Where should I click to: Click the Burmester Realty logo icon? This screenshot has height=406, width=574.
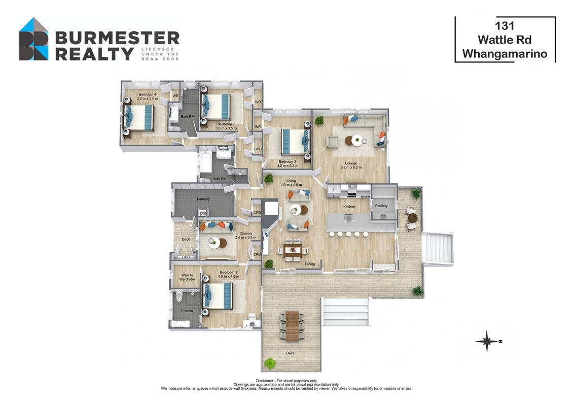pyautogui.click(x=33, y=39)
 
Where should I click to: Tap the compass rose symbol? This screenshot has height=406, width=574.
pyautogui.click(x=487, y=341)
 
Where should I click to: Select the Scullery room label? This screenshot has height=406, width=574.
pyautogui.click(x=381, y=206)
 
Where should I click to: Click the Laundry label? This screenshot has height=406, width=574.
pyautogui.click(x=203, y=199)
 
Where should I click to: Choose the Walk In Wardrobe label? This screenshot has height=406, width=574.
pyautogui.click(x=187, y=277)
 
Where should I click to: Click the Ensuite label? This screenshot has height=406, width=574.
pyautogui.click(x=187, y=311)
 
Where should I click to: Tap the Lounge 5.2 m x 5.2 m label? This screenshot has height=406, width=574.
pyautogui.click(x=351, y=165)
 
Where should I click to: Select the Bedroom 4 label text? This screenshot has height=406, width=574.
pyautogui.click(x=147, y=94)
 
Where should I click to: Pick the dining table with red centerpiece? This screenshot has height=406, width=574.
pyautogui.click(x=293, y=251)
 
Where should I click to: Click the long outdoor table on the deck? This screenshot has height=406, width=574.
pyautogui.click(x=292, y=326)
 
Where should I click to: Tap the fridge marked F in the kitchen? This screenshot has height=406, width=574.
pyautogui.click(x=334, y=189)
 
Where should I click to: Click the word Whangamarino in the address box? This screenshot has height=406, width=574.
pyautogui.click(x=505, y=54)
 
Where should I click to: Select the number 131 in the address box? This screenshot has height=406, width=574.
pyautogui.click(x=505, y=26)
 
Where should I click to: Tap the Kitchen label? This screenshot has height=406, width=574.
pyautogui.click(x=349, y=207)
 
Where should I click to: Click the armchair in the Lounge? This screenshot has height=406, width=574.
pyautogui.click(x=333, y=142)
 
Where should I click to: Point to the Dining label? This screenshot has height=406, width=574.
pyautogui.click(x=310, y=264)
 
